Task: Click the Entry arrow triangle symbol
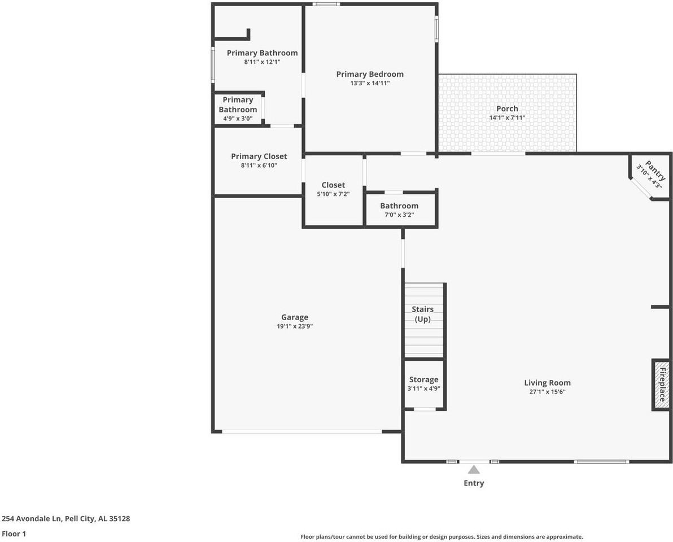click(x=474, y=470)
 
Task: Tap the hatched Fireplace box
click(x=661, y=384)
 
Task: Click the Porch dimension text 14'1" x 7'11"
click(x=507, y=118)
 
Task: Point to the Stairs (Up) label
click(x=422, y=314)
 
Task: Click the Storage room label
click(x=423, y=379)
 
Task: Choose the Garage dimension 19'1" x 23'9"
click(x=295, y=326)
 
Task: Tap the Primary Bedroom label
click(x=370, y=74)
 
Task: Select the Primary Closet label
click(x=259, y=156)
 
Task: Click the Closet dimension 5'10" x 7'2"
click(x=333, y=194)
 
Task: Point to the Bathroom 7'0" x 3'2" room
click(x=399, y=210)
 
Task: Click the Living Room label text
click(x=547, y=382)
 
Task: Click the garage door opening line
click(x=301, y=432)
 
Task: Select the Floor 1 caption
click(x=14, y=534)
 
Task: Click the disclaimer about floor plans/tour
click(x=442, y=537)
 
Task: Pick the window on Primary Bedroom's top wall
click(x=326, y=5)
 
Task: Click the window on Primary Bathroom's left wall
click(x=213, y=65)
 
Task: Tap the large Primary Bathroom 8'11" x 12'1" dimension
click(x=262, y=62)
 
